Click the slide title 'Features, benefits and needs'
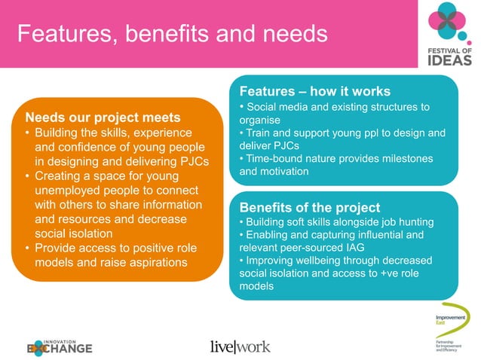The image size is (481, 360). (x=173, y=34)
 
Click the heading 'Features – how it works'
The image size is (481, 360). (x=315, y=91)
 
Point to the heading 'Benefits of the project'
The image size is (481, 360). (x=309, y=207)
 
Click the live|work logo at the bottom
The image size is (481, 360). (x=240, y=346)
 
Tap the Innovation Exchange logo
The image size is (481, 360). (x=60, y=345)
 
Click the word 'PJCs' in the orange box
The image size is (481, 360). (x=191, y=161)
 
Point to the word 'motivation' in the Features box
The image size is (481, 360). (x=286, y=171)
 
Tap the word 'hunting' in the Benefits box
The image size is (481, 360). (x=413, y=221)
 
